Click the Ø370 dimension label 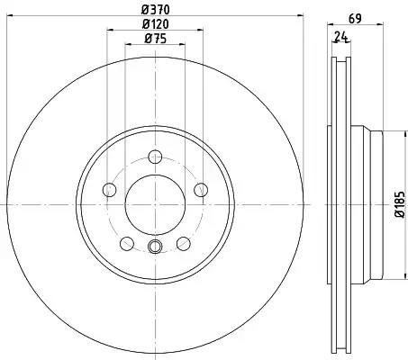(x=156, y=10)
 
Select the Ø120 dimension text (x=155, y=24)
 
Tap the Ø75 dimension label (x=155, y=39)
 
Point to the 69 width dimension (x=355, y=19)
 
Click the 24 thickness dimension (x=341, y=37)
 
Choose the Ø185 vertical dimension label (x=400, y=204)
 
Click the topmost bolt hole (x=155, y=157)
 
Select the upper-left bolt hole (x=109, y=190)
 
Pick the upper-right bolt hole (x=201, y=190)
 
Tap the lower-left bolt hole (x=127, y=244)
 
